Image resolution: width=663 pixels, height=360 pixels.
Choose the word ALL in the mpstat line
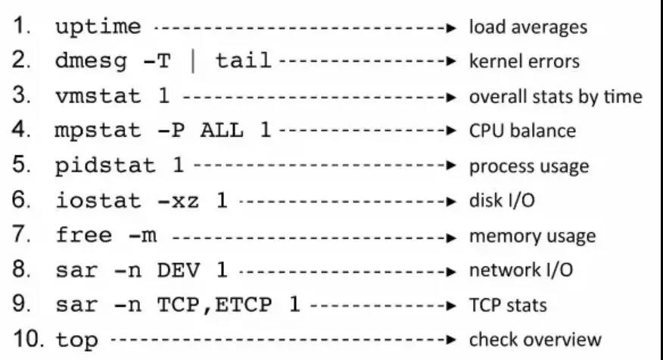point(222,132)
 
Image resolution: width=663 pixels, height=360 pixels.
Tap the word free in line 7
point(77,236)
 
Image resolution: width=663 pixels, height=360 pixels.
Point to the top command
point(77,340)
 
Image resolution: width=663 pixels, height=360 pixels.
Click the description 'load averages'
point(528,28)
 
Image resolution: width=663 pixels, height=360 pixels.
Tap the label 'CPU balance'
point(522,131)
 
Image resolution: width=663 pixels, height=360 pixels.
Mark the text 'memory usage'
point(532,236)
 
